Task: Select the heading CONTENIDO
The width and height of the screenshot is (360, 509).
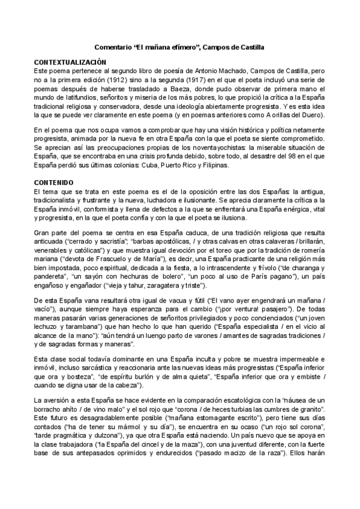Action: (53, 181)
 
